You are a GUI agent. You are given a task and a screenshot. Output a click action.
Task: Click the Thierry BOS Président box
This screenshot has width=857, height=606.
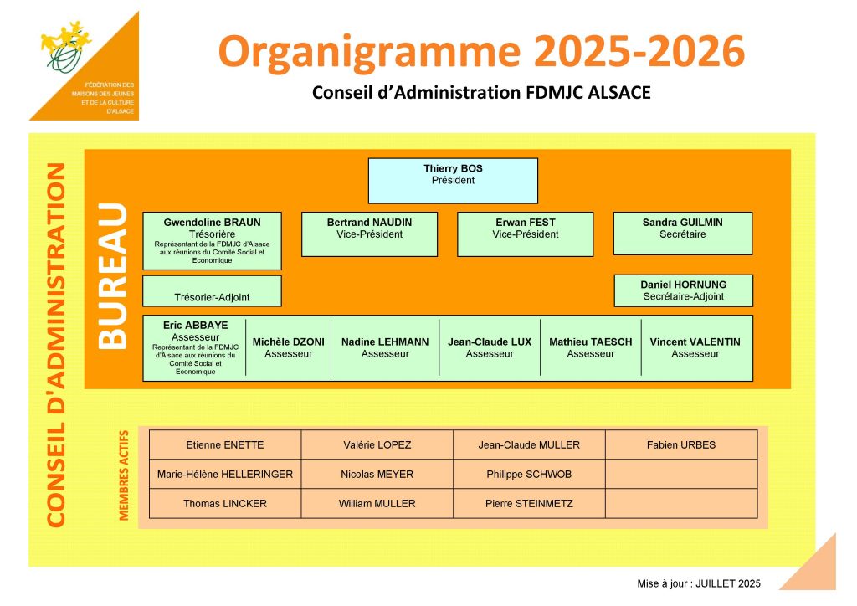[453, 181]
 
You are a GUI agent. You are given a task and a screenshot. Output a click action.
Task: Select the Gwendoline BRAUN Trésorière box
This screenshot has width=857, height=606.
[212, 241]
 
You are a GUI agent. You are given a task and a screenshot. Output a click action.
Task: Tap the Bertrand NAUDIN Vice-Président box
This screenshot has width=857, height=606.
[369, 234]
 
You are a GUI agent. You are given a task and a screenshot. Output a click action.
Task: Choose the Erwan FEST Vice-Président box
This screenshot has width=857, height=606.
[526, 234]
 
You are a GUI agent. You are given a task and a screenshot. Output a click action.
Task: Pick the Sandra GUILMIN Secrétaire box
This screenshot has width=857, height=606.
[683, 234]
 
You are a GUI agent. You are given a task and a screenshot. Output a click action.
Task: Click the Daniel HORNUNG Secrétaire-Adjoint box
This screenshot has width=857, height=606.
[684, 290]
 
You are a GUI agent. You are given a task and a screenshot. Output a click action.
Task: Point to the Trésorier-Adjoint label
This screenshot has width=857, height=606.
[212, 297]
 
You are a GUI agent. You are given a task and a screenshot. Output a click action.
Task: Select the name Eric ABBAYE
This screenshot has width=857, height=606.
[195, 325]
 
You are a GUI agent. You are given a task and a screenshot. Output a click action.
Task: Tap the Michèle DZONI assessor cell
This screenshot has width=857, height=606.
[289, 348]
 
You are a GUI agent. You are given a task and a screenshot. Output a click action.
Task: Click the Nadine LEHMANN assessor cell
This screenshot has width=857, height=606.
[385, 348]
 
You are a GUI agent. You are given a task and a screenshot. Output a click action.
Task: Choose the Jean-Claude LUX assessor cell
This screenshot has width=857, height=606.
[490, 348]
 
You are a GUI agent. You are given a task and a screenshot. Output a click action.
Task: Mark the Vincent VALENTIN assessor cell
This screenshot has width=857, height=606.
[695, 348]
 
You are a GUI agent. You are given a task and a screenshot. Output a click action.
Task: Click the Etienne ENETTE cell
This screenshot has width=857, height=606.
[225, 444]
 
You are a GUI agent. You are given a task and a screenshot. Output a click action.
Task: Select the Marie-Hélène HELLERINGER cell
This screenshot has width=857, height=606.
[225, 475]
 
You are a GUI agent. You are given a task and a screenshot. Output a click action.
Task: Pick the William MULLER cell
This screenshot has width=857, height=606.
[377, 504]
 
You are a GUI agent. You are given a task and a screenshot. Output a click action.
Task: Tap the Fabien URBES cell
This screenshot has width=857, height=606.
[681, 444]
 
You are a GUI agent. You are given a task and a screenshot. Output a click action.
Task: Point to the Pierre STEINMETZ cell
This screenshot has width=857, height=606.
[529, 504]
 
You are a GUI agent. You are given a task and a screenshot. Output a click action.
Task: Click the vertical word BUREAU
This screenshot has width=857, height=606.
[113, 276]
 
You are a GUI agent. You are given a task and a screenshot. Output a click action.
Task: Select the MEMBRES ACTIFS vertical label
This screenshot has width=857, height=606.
[124, 475]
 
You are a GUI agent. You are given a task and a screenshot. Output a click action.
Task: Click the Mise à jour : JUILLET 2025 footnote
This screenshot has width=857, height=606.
[699, 583]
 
